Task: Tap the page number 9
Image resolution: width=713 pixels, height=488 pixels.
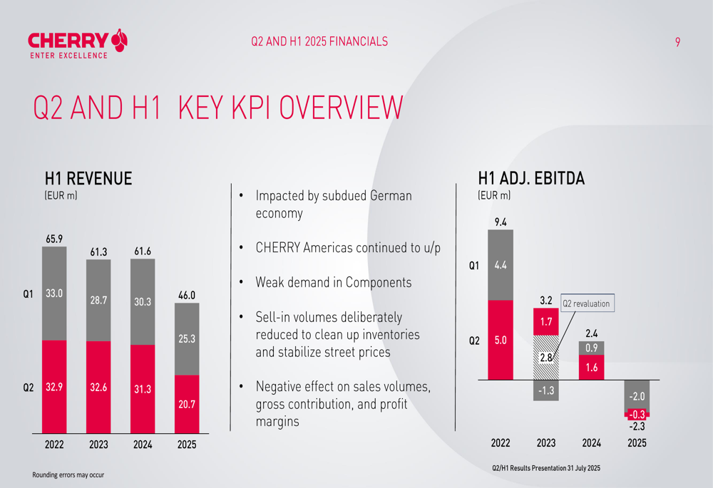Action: [677, 42]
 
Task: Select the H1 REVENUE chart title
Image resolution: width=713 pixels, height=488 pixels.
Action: [88, 179]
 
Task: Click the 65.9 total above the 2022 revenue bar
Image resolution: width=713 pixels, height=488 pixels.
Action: [54, 238]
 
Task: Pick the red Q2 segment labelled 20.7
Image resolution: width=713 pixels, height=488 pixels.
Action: [187, 404]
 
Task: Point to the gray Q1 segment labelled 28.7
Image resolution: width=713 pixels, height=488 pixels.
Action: [98, 301]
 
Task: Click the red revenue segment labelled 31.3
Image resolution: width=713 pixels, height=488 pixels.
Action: [143, 389]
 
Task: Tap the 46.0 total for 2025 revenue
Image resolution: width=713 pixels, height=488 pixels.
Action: [187, 294]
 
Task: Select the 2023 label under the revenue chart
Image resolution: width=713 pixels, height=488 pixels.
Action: [98, 445]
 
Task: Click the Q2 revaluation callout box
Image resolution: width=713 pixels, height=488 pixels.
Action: [586, 303]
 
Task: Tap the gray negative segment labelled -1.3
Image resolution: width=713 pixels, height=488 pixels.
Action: [546, 390]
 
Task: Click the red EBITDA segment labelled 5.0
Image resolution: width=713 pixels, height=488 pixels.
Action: [501, 340]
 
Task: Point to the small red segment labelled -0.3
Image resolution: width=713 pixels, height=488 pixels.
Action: [637, 414]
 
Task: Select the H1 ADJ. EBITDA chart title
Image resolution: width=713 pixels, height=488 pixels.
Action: [531, 179]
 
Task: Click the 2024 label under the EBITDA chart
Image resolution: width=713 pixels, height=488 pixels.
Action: [591, 443]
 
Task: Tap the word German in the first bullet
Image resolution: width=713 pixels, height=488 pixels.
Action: [391, 195]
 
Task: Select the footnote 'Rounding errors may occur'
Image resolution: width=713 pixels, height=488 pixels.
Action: [68, 474]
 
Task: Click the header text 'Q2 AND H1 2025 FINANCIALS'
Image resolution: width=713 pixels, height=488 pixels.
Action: [319, 41]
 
